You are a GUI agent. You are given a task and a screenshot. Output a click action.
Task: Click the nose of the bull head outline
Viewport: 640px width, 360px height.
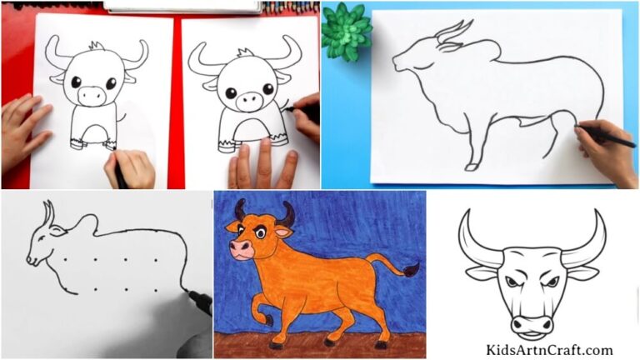pos(533,321)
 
